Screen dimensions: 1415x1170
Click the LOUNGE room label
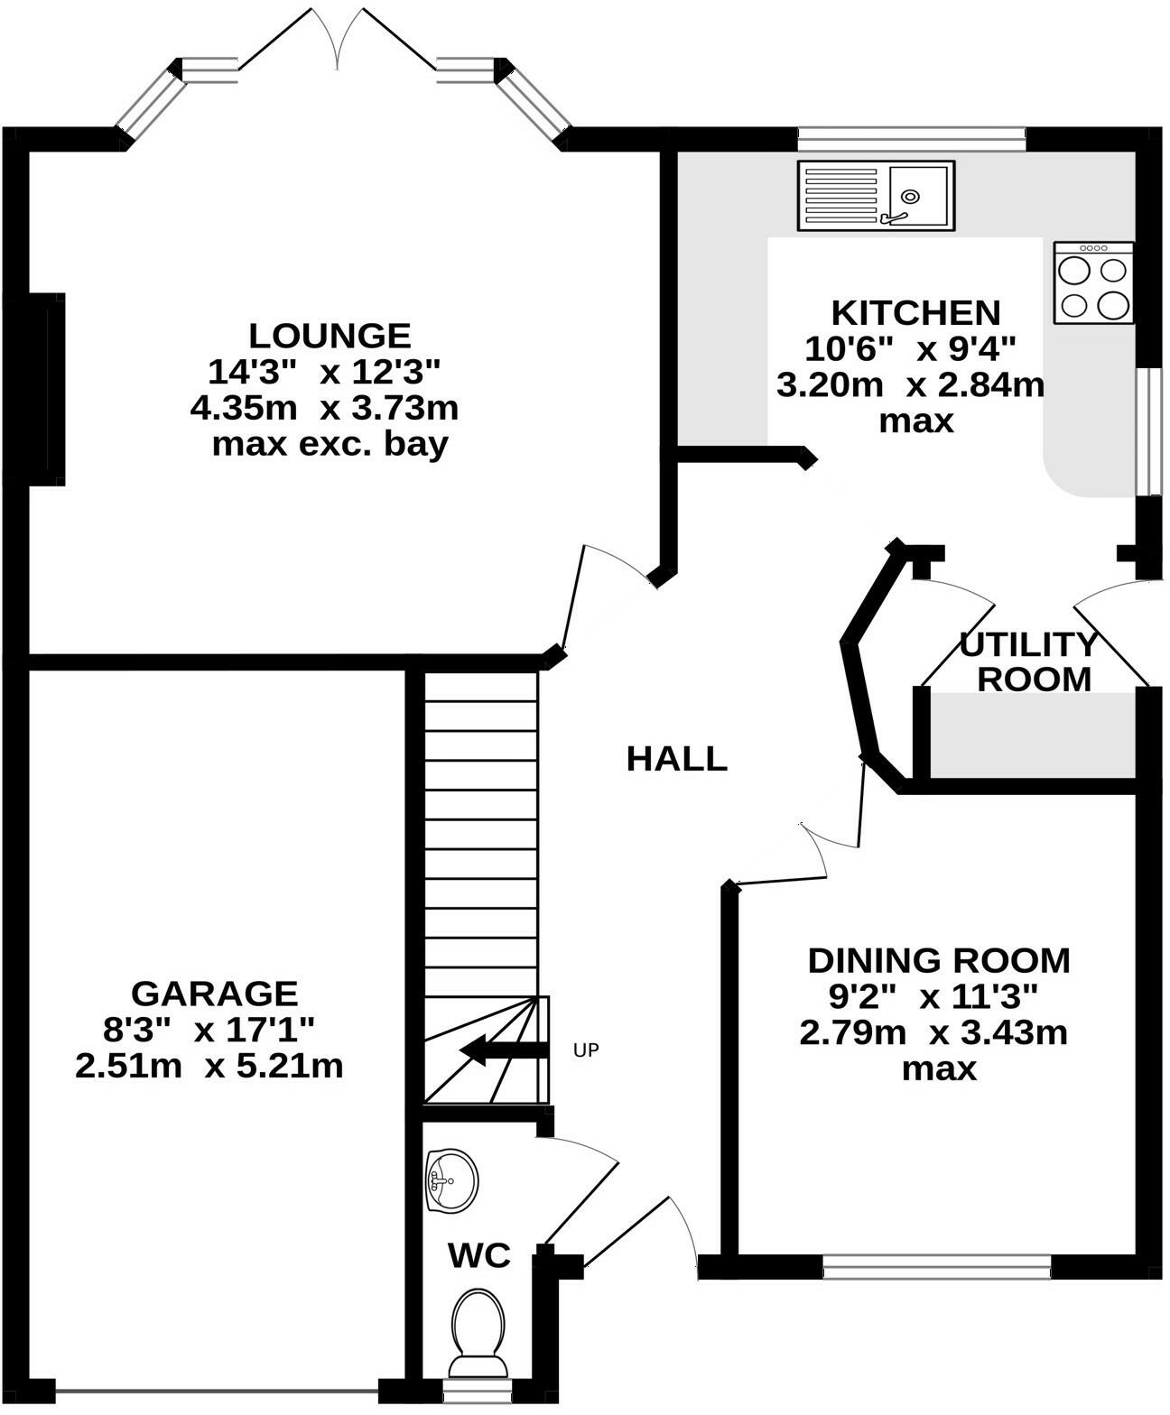tap(330, 336)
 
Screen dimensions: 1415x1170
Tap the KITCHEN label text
tap(915, 312)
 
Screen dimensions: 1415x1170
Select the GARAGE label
tap(214, 994)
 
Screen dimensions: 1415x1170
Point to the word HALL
tap(676, 759)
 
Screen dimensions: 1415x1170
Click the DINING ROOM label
tap(939, 960)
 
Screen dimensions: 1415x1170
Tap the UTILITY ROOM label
tap(1029, 661)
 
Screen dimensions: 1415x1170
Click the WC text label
tap(479, 1255)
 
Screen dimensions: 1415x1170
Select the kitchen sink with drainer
tap(875, 195)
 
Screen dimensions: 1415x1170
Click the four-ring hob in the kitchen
tap(1093, 283)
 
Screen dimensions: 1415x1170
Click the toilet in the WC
tap(478, 1327)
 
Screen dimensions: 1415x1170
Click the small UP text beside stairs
tap(586, 1050)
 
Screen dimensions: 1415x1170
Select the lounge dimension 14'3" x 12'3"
tap(323, 372)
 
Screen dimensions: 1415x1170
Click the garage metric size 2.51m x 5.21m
tap(209, 1067)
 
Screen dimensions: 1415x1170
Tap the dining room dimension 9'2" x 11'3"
tap(933, 996)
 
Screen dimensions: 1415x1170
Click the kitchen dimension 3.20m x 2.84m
tap(910, 385)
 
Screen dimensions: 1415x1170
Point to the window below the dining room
tap(937, 1267)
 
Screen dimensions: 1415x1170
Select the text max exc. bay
tap(330, 445)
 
